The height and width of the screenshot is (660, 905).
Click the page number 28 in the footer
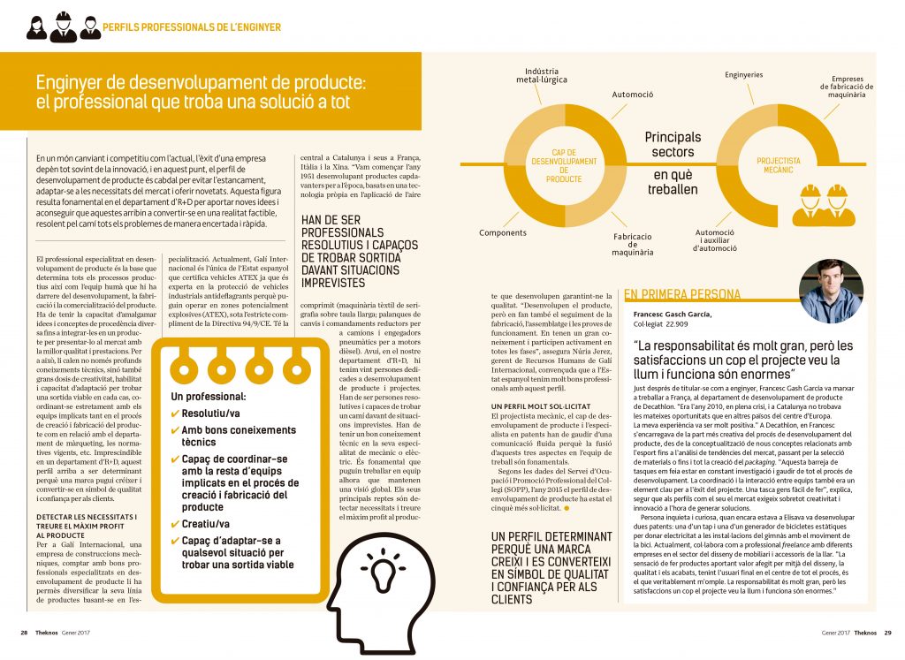coord(24,632)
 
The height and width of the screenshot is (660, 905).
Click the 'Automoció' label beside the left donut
coord(632,94)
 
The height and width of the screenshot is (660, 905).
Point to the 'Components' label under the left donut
coord(503,233)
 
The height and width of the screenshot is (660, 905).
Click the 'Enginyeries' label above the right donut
coord(743,75)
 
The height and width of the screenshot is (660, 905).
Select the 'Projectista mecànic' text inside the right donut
coord(779,166)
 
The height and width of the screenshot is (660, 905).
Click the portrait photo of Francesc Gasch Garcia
coord(830,291)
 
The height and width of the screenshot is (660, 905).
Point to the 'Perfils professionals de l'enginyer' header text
coord(192,27)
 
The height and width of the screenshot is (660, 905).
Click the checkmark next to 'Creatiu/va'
coord(175,524)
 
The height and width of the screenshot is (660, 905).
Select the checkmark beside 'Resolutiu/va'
coord(175,413)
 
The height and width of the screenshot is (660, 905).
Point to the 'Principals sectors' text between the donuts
coord(673,145)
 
